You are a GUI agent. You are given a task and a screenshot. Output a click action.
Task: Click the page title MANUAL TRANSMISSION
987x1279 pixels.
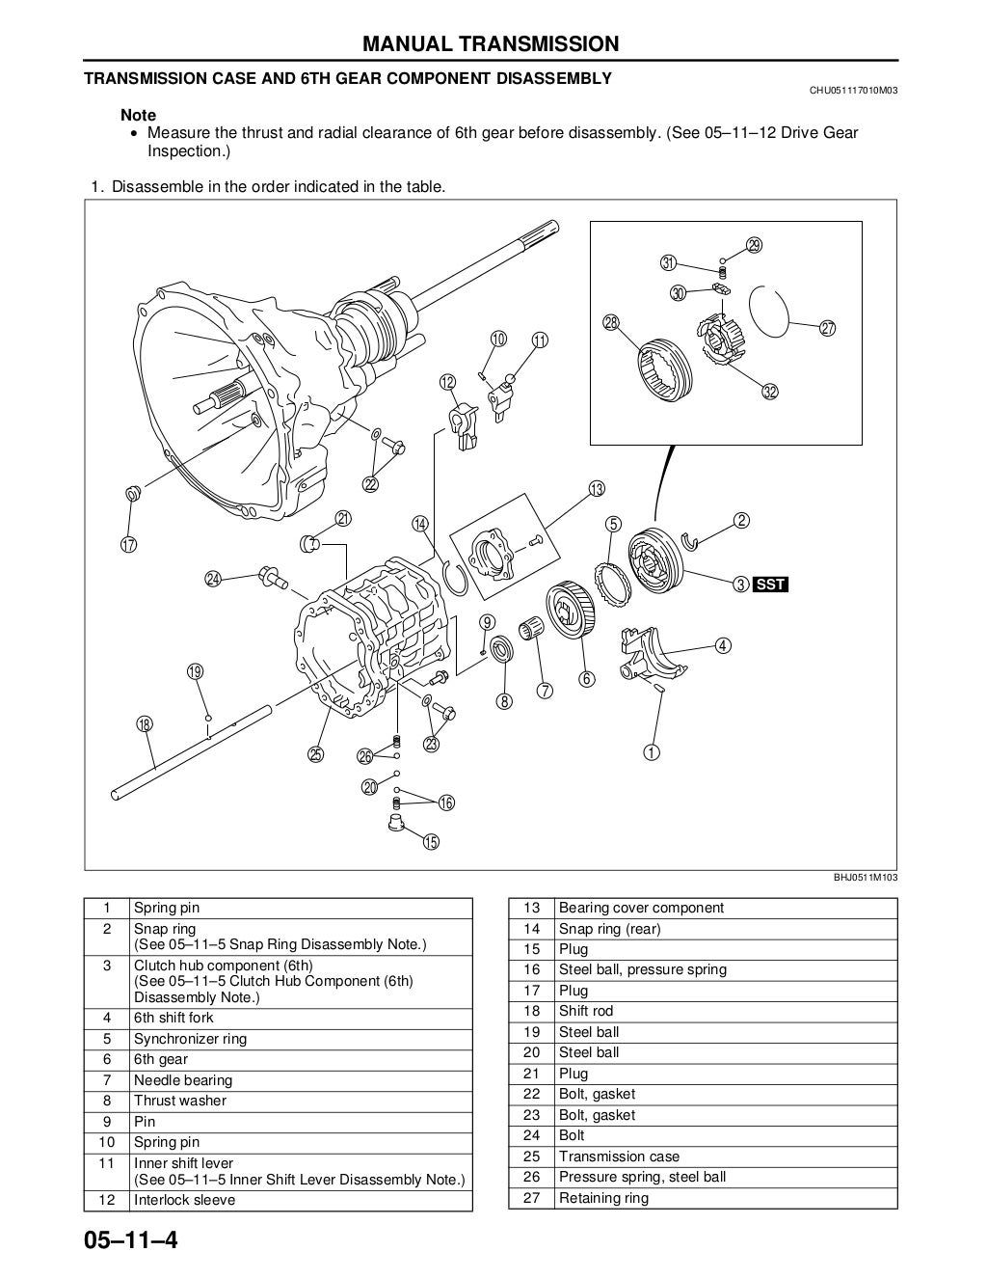tap(491, 43)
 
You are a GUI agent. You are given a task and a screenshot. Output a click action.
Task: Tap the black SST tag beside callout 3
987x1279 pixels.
tap(771, 584)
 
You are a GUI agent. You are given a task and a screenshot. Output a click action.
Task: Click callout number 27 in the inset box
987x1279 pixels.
tap(827, 329)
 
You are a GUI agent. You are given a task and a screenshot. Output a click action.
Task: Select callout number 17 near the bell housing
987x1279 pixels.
tap(129, 544)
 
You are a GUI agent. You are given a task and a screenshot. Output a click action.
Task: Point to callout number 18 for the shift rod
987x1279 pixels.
tap(145, 724)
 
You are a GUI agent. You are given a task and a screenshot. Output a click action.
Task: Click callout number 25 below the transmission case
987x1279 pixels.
tap(316, 754)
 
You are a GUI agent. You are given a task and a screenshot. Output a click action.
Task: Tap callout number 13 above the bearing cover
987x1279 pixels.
tap(597, 489)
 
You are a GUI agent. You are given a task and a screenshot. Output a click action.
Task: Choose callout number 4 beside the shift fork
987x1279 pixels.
tap(723, 645)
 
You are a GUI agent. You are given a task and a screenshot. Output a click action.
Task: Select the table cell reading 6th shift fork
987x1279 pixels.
tap(173, 1018)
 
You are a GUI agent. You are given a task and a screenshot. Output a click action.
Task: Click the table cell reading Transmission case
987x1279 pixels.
tap(619, 1157)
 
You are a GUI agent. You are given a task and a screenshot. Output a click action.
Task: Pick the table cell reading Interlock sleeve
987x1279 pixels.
tap(184, 1200)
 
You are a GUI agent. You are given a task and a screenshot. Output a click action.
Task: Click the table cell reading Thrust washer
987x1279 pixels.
tap(180, 1101)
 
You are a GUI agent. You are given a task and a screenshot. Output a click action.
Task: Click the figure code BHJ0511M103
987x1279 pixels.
tap(866, 878)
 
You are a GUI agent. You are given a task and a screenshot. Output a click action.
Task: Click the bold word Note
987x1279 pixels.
tap(138, 115)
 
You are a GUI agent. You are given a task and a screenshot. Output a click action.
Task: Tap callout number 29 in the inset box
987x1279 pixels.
tap(754, 245)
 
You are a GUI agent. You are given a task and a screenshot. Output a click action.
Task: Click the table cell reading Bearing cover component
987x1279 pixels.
tap(641, 908)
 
